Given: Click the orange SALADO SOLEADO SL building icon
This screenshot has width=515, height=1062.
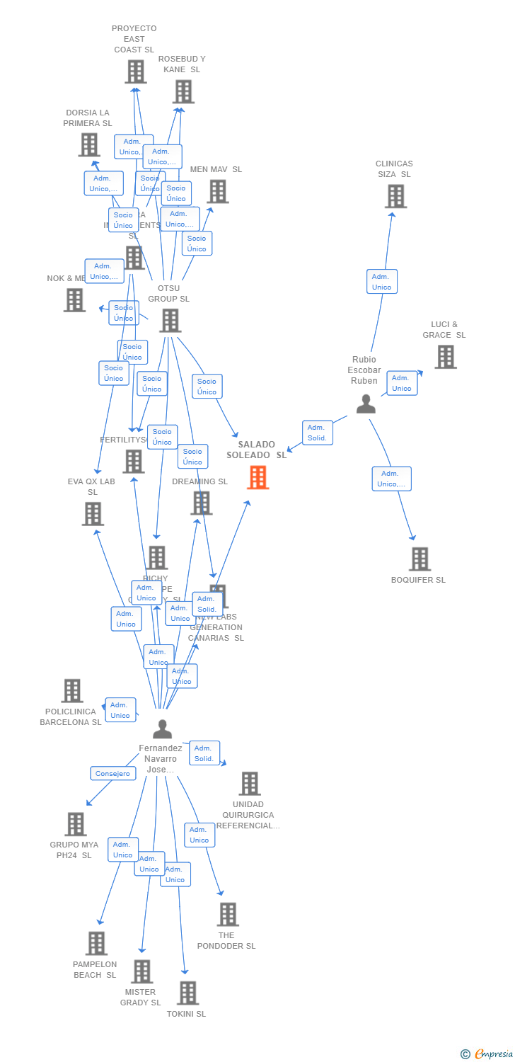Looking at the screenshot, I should [x=257, y=477].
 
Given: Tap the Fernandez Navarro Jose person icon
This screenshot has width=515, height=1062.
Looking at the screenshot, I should [x=162, y=729].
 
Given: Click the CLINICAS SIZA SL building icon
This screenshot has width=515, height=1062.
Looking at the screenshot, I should [x=395, y=196].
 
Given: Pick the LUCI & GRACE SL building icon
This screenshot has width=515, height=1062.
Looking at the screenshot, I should [x=445, y=357].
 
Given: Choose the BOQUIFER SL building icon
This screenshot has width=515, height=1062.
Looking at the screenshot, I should [x=419, y=559].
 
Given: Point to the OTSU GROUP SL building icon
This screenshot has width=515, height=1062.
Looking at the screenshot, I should [x=170, y=321].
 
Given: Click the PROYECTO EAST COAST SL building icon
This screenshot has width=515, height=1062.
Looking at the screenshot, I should [x=135, y=72].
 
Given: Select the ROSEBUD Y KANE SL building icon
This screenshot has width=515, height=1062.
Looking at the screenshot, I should [x=183, y=91].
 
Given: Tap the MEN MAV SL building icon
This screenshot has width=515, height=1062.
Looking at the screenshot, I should [x=217, y=191].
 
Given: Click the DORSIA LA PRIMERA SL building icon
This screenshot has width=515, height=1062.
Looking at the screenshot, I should [x=88, y=144].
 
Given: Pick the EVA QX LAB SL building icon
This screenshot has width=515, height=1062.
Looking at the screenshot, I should [x=93, y=514].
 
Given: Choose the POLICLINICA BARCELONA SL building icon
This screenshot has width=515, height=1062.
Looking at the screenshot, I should [x=72, y=691].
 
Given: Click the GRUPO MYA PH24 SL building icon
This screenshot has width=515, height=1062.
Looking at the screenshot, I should [x=75, y=824].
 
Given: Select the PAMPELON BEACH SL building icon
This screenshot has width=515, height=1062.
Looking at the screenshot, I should [x=96, y=943].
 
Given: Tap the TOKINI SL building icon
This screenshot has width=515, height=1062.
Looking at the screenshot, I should [x=187, y=993].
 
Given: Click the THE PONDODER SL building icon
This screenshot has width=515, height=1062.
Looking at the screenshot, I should [x=228, y=914].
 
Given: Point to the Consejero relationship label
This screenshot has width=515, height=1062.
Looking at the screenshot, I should [x=113, y=773].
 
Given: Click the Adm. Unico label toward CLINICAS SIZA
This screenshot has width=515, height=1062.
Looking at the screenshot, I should [x=382, y=281].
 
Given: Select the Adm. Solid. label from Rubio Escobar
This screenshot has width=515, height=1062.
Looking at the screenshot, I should [x=318, y=433].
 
